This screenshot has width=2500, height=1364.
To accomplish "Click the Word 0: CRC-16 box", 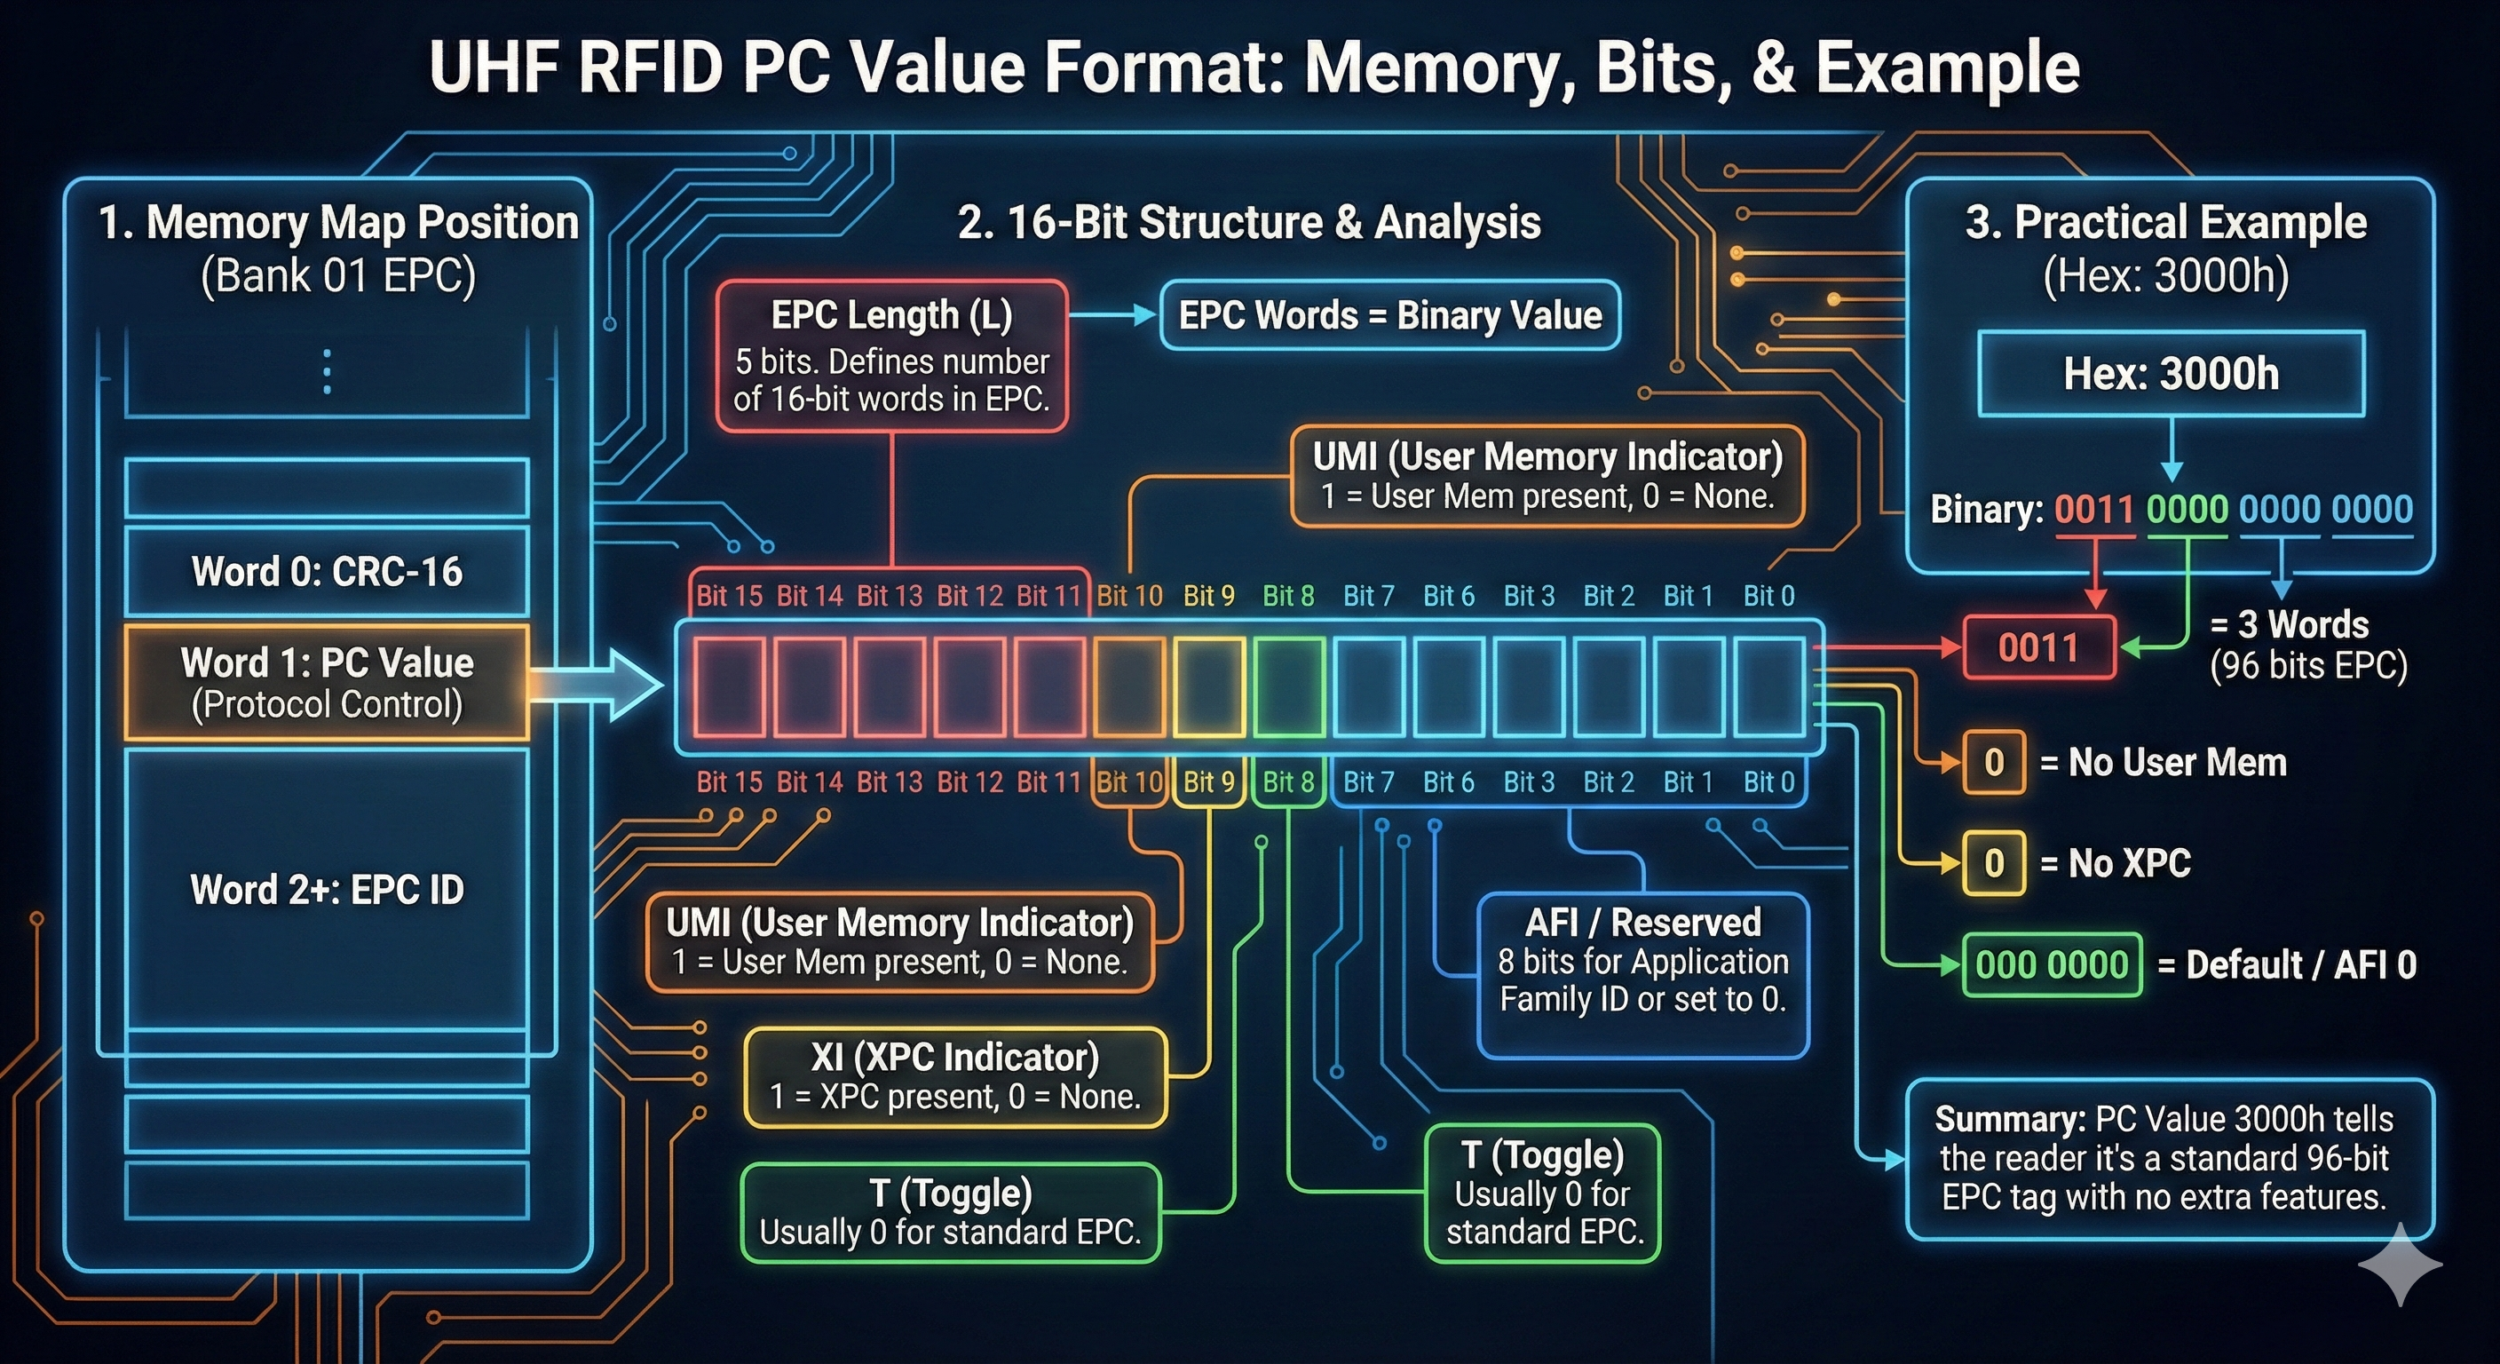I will click(x=327, y=572).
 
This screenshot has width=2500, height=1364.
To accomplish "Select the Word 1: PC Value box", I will click(x=327, y=683).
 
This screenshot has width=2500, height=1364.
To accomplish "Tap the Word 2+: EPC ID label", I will click(x=327, y=889).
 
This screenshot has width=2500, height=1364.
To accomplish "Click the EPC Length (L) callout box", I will click(x=891, y=356).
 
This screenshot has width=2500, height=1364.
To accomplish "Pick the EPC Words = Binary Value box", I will click(x=1389, y=315).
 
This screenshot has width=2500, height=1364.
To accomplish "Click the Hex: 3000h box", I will click(x=2171, y=374).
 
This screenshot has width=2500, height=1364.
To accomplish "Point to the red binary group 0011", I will click(x=2093, y=510).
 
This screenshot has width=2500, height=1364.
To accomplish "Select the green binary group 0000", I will click(x=2187, y=510).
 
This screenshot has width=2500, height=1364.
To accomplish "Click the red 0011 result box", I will click(x=2038, y=647).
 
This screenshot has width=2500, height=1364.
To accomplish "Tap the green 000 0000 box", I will click(x=2052, y=965).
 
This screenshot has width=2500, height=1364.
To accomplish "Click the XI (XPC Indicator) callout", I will click(x=955, y=1076).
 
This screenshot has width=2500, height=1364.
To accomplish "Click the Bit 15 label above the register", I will click(x=729, y=595).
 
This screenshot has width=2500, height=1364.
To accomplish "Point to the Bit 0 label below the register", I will click(x=1768, y=781).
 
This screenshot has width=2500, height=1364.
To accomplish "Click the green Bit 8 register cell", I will click(x=1289, y=686).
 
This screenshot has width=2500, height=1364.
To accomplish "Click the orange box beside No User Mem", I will click(x=1993, y=762).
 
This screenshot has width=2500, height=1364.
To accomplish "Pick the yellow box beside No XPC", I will click(x=1993, y=863).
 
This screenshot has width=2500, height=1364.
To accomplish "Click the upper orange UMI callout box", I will click(x=1547, y=476).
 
